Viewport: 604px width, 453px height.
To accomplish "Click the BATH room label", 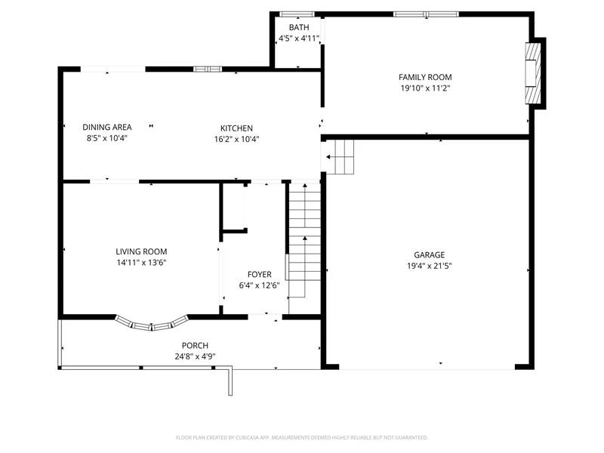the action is coord(299,27).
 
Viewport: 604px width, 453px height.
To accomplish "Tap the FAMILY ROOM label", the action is coord(425,77).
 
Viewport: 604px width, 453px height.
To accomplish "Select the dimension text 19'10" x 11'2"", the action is coord(425,88).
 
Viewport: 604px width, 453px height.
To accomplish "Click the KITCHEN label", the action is coord(236,128).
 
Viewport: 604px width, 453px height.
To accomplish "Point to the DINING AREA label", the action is coord(107,127).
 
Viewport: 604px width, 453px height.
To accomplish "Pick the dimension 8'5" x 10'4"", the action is coord(107,138).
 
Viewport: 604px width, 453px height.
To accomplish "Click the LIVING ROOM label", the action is coord(141,251).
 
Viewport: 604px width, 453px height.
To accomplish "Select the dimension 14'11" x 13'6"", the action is coord(141,263).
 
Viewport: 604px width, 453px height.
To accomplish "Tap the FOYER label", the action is coord(259,274).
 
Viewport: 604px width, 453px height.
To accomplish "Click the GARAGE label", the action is coord(429,254).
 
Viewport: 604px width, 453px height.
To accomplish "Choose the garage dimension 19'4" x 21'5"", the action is coord(429,266).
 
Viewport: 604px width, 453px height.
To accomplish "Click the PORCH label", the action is coord(195,346).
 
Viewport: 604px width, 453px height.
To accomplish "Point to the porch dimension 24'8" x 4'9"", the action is coord(195,356).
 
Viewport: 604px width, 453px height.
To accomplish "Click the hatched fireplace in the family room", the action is coord(533,73).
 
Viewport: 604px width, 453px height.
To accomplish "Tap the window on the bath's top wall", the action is coord(297,14).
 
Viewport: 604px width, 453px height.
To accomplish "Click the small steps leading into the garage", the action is coord(339,157).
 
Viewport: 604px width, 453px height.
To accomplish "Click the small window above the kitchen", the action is coord(208,69).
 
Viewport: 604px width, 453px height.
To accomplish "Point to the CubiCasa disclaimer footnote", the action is coord(301,438).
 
